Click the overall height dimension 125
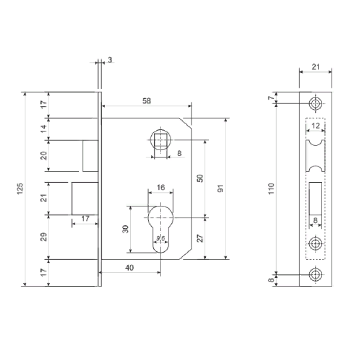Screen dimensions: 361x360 point(20,189)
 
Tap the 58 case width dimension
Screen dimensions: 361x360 point(147,101)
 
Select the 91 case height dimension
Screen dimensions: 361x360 point(221,189)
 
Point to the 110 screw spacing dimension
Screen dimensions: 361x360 point(271,189)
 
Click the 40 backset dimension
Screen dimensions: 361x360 point(129,268)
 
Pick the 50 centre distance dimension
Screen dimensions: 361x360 point(200,178)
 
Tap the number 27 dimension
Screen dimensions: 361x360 point(200,238)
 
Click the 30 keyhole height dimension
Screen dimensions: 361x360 point(126,229)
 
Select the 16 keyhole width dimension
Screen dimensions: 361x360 point(161,188)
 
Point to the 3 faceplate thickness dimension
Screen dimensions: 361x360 point(110,60)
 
